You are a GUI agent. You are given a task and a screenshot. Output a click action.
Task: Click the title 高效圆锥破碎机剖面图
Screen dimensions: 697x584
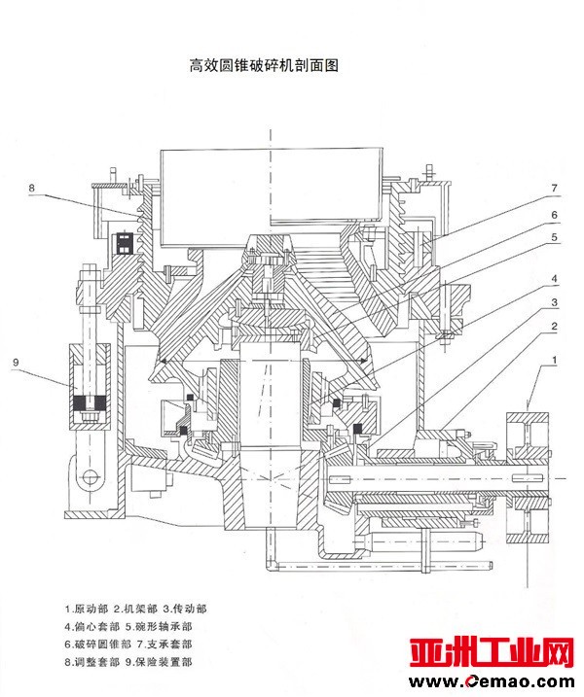point(268,67)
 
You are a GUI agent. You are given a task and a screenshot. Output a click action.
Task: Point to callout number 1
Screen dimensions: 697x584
point(554,361)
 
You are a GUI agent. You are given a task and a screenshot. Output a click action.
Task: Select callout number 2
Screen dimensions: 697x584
point(554,325)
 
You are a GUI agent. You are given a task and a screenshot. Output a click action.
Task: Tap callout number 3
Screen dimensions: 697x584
point(554,302)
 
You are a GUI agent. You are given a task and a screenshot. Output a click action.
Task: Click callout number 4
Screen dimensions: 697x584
point(554,279)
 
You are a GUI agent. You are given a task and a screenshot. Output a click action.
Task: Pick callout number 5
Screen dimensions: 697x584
point(554,237)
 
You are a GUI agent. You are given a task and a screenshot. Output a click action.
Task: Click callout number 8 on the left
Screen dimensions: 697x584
point(31,187)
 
